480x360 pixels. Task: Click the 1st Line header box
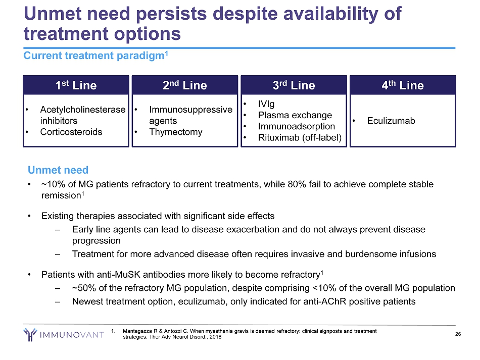(x=76, y=85)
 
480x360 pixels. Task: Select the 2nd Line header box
(x=184, y=85)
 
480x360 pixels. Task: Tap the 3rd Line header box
(x=294, y=85)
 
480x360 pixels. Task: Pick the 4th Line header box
(x=403, y=85)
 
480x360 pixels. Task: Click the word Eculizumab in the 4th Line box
(x=391, y=121)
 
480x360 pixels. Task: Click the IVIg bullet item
(x=266, y=104)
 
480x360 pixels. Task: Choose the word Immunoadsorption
(x=296, y=126)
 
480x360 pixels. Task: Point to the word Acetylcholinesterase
(x=83, y=110)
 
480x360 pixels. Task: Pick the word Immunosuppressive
(x=190, y=110)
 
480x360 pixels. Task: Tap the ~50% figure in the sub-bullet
(x=83, y=288)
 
